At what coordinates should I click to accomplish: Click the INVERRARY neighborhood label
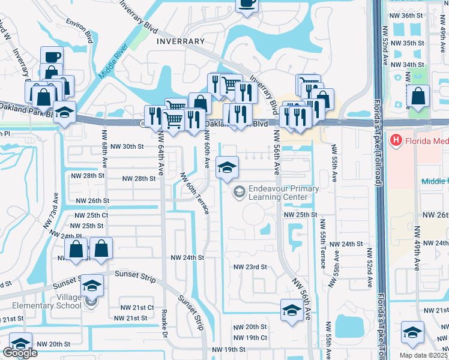click(180, 41)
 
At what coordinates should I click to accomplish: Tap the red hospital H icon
click(396, 141)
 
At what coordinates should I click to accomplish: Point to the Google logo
click(20, 353)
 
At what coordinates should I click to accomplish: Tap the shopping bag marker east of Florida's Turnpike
click(418, 96)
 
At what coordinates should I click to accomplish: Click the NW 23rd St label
click(250, 267)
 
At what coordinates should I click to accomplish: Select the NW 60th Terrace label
click(195, 193)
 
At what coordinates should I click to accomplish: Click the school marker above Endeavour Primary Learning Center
click(227, 168)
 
